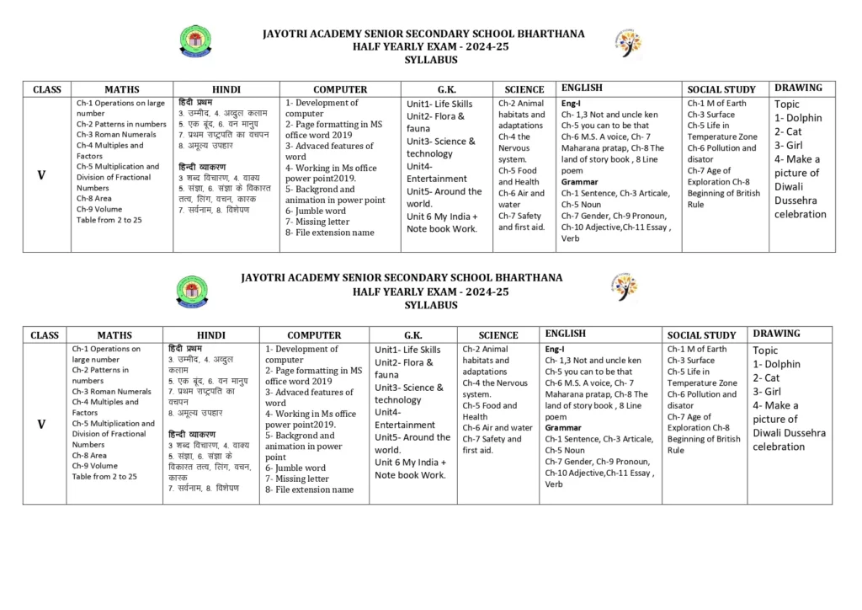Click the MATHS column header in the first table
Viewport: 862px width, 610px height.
click(122, 89)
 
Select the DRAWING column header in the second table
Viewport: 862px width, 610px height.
click(776, 334)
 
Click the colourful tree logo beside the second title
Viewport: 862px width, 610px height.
click(624, 286)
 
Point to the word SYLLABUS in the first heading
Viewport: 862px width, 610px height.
click(430, 60)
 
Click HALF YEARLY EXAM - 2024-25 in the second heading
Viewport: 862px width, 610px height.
click(430, 292)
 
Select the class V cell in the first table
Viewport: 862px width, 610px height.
click(41, 175)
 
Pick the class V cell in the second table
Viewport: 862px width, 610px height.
click(41, 424)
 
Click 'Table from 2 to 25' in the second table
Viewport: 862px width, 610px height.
click(104, 476)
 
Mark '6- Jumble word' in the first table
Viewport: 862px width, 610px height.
click(316, 211)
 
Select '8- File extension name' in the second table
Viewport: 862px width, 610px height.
click(309, 490)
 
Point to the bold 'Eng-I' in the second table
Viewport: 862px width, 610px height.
click(555, 349)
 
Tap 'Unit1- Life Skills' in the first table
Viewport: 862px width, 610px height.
click(439, 104)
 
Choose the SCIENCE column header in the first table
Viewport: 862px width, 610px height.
click(524, 89)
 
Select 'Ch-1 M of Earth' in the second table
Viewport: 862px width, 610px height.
click(696, 349)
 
